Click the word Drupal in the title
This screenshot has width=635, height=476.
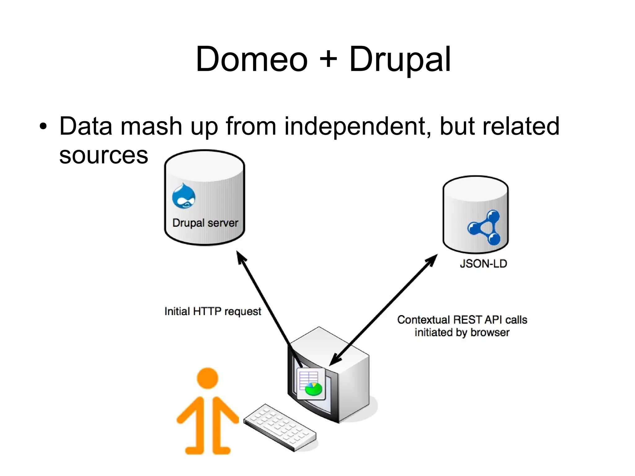click(x=400, y=60)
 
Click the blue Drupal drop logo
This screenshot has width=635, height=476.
click(x=184, y=196)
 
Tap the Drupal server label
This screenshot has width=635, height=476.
click(x=205, y=223)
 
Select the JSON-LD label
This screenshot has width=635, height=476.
click(x=483, y=264)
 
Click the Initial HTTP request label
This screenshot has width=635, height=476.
click(x=213, y=311)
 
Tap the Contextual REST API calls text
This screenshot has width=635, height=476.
click(x=462, y=320)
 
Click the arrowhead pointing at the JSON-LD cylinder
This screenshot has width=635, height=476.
click(x=432, y=260)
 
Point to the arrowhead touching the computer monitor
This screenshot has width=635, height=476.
click(x=334, y=360)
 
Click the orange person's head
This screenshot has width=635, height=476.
click(x=207, y=378)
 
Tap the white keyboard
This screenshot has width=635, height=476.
click(x=280, y=427)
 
